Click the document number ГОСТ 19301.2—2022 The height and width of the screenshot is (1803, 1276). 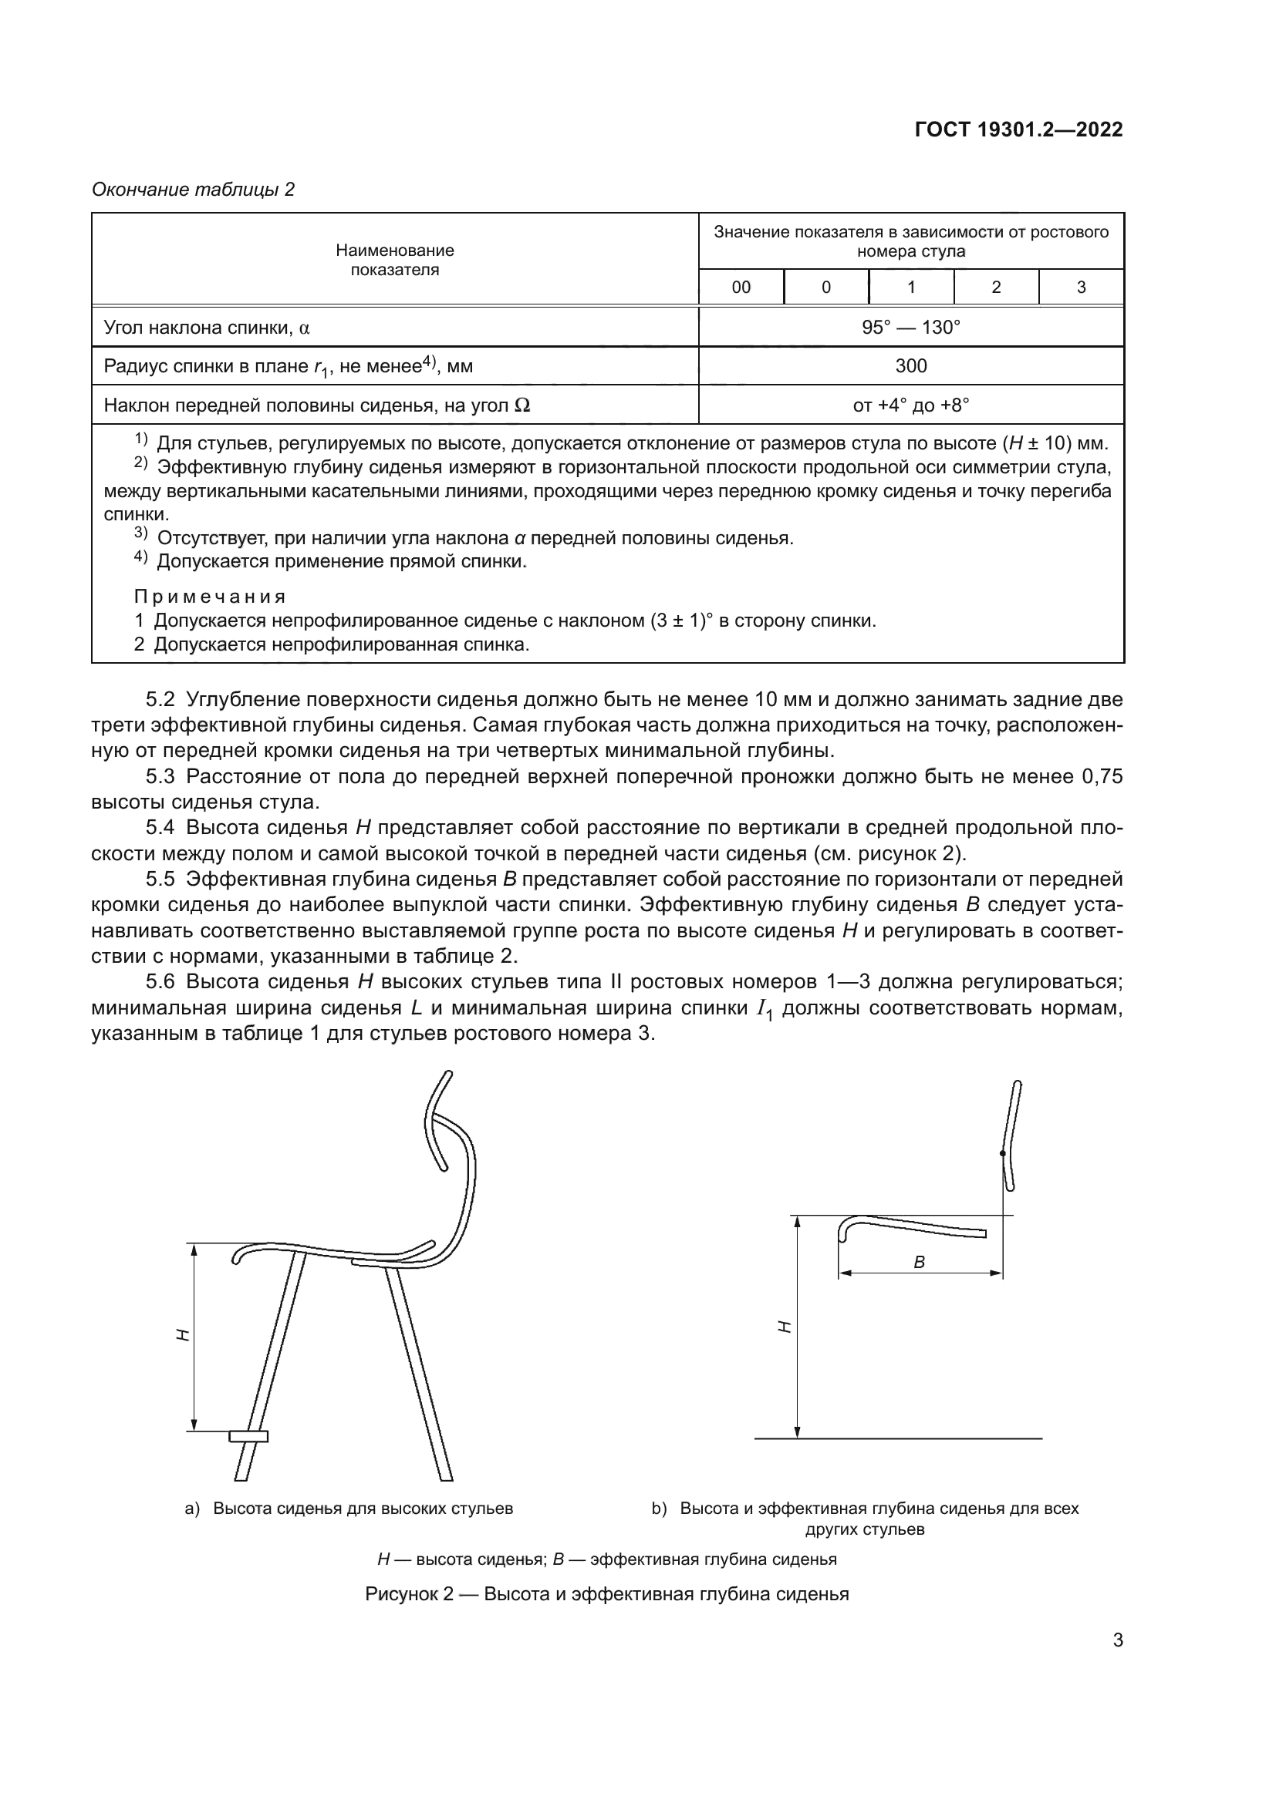tap(1018, 130)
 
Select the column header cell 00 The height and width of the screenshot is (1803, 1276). tap(740, 288)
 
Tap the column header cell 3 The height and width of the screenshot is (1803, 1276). tap(1080, 288)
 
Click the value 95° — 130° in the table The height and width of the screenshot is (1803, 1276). tap(910, 328)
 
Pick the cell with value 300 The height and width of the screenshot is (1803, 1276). tap(910, 366)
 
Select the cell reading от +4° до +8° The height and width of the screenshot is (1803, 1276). tap(910, 405)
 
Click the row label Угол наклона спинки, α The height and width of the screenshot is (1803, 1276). tap(207, 328)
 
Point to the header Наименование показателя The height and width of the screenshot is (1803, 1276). tap(394, 260)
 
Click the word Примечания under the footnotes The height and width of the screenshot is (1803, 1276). tap(210, 596)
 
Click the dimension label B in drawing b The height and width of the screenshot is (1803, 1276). tap(920, 1263)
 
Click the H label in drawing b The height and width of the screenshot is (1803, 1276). tap(783, 1327)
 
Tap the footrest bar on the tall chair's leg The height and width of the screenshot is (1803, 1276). tap(248, 1436)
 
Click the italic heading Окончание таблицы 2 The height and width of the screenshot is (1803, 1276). tap(194, 190)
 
